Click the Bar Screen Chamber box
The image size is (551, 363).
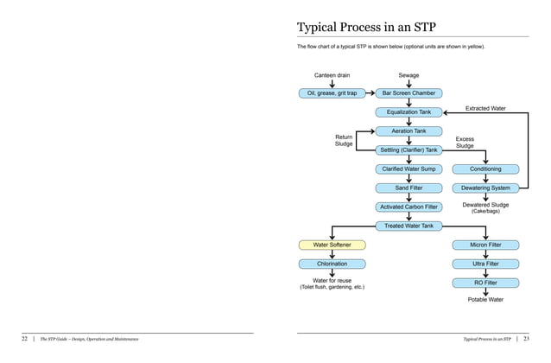pyautogui.click(x=408, y=93)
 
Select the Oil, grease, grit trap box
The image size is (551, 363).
pyautogui.click(x=332, y=93)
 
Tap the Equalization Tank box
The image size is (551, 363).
pyautogui.click(x=408, y=112)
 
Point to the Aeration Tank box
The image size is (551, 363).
pyautogui.click(x=408, y=131)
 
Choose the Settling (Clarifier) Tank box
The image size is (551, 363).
pyautogui.click(x=408, y=150)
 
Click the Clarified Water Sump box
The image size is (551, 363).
pyautogui.click(x=408, y=169)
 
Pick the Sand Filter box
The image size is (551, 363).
pyautogui.click(x=408, y=188)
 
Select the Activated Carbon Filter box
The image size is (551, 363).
pyautogui.click(x=408, y=207)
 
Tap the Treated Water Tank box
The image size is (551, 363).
pyautogui.click(x=408, y=226)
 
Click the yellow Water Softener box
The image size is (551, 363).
pyautogui.click(x=332, y=245)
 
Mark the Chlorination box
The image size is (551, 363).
pyautogui.click(x=332, y=264)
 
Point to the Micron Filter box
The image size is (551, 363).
pyautogui.click(x=485, y=245)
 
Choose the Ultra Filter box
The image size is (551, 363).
pyautogui.click(x=485, y=264)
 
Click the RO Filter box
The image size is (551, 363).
pyautogui.click(x=485, y=283)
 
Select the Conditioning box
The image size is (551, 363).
pyautogui.click(x=485, y=169)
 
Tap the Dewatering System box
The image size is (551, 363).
pyautogui.click(x=485, y=188)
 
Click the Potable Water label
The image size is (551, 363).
pyautogui.click(x=485, y=300)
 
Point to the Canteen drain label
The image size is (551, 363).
pyautogui.click(x=332, y=75)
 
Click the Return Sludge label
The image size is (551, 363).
pyautogui.click(x=344, y=140)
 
